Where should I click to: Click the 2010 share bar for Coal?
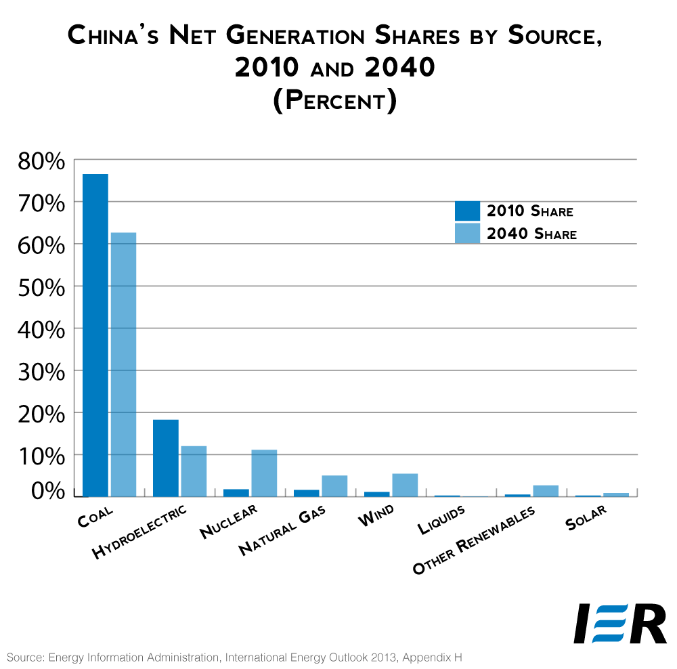pyautogui.click(x=95, y=335)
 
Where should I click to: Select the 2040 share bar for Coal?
pyautogui.click(x=124, y=364)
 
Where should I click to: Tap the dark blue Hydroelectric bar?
pyautogui.click(x=166, y=458)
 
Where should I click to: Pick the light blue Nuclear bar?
pyautogui.click(x=264, y=473)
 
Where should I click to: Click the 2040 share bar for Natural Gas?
pyautogui.click(x=334, y=485)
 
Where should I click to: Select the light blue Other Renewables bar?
pyautogui.click(x=546, y=491)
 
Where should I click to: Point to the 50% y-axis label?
pyautogui.click(x=41, y=287)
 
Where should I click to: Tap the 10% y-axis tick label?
pyautogui.click(x=41, y=455)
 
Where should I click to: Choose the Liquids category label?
pyautogui.click(x=441, y=521)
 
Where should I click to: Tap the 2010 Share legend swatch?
pyautogui.click(x=467, y=211)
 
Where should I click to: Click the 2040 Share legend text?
pyautogui.click(x=531, y=234)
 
